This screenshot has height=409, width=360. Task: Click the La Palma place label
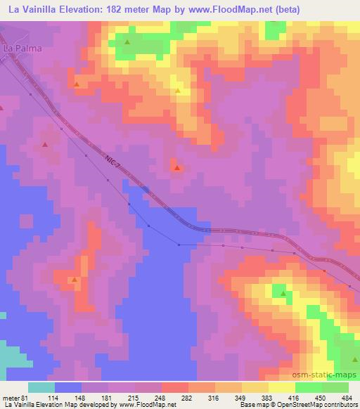coord(22,48)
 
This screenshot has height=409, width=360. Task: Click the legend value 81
coord(26,397)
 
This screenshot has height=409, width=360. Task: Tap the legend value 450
coord(321,397)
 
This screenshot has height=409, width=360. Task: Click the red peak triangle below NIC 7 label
coord(177,168)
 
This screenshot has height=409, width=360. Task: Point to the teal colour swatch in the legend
coord(41,387)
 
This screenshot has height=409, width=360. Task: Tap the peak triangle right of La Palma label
coord(127,42)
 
